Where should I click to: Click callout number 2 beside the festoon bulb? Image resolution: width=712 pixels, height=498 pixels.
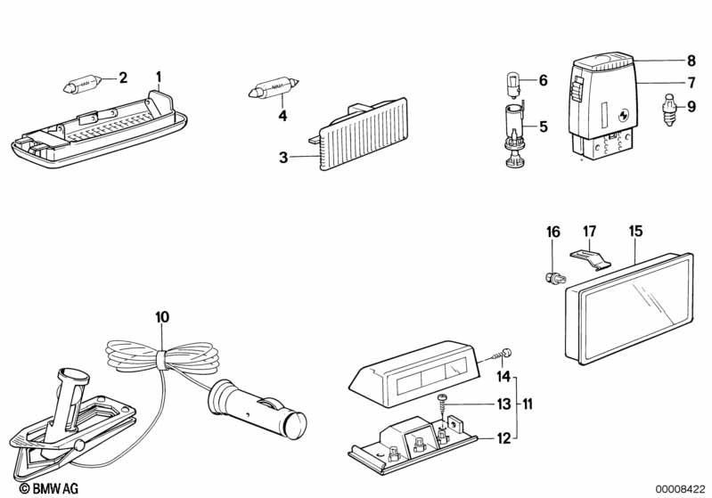pyautogui.click(x=123, y=78)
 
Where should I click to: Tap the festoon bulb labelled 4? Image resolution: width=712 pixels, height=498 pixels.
pyautogui.click(x=274, y=87)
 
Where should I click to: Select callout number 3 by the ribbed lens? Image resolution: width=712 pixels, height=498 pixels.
pyautogui.click(x=283, y=158)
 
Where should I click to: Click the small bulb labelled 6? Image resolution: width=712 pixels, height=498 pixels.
pyautogui.click(x=512, y=85)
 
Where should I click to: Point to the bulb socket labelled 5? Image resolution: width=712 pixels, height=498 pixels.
pyautogui.click(x=513, y=135)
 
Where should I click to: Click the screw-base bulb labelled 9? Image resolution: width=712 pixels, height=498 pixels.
pyautogui.click(x=669, y=110)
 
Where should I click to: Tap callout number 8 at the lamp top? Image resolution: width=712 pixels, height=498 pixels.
pyautogui.click(x=692, y=61)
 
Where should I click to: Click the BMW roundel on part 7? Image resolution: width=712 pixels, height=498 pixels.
pyautogui.click(x=622, y=116)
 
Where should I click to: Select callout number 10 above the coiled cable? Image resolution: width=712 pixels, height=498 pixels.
pyautogui.click(x=162, y=317)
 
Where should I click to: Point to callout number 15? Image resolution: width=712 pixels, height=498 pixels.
pyautogui.click(x=635, y=231)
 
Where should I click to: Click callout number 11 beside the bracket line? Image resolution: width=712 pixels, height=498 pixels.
pyautogui.click(x=527, y=404)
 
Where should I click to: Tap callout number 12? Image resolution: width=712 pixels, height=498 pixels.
pyautogui.click(x=504, y=438)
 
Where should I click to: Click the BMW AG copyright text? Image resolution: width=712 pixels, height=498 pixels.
pyautogui.click(x=49, y=488)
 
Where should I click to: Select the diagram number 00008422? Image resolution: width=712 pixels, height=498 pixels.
pyautogui.click(x=680, y=489)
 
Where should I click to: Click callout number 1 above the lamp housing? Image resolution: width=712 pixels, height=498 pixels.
pyautogui.click(x=159, y=78)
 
